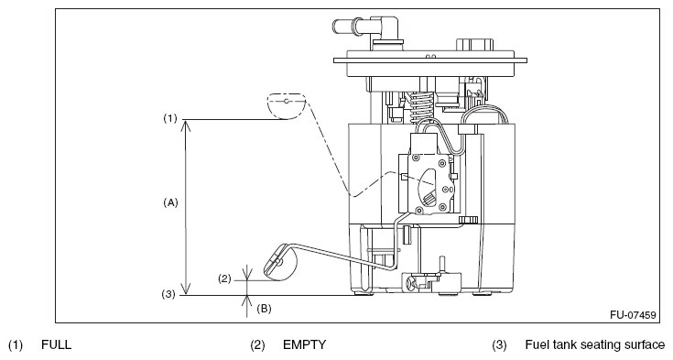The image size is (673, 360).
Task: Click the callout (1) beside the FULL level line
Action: click(x=170, y=118)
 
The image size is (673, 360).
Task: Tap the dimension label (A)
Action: click(x=170, y=202)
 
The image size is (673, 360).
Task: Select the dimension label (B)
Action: click(x=264, y=309)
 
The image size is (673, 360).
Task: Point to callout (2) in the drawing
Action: click(x=224, y=278)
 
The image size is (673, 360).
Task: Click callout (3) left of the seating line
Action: click(x=168, y=294)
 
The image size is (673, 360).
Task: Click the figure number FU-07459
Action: click(x=633, y=315)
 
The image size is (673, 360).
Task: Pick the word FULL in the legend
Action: click(x=56, y=345)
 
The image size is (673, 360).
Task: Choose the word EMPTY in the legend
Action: click(x=304, y=345)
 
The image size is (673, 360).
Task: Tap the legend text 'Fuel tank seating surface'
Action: click(x=595, y=345)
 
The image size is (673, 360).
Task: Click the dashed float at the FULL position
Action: click(x=286, y=105)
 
